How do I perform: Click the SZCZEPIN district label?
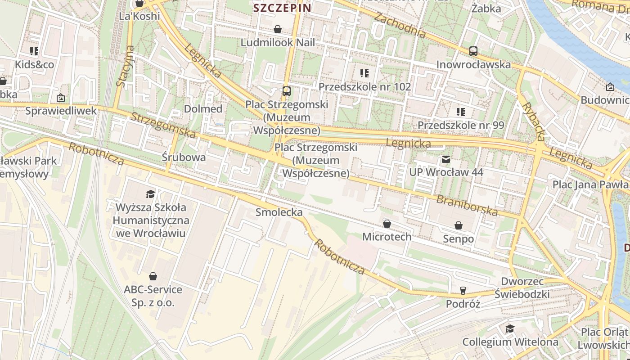(x=282, y=8)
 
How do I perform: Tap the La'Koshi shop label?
(x=139, y=16)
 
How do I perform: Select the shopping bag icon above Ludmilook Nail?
(x=278, y=30)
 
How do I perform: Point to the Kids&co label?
(x=35, y=64)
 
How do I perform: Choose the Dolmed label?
(x=203, y=108)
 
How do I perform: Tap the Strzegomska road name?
(x=163, y=125)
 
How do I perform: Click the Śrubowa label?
(x=184, y=157)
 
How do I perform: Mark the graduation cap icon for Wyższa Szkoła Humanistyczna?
(x=150, y=194)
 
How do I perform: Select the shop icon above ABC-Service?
(x=153, y=276)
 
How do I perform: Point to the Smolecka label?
(x=279, y=212)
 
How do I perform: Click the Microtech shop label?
(x=387, y=236)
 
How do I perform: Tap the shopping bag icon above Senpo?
(x=459, y=225)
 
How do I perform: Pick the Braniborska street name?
(x=467, y=205)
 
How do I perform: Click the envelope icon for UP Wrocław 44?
(x=446, y=159)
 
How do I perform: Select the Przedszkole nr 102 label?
(x=364, y=86)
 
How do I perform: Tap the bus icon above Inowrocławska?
(x=473, y=51)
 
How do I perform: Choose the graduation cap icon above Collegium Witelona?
(x=510, y=329)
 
